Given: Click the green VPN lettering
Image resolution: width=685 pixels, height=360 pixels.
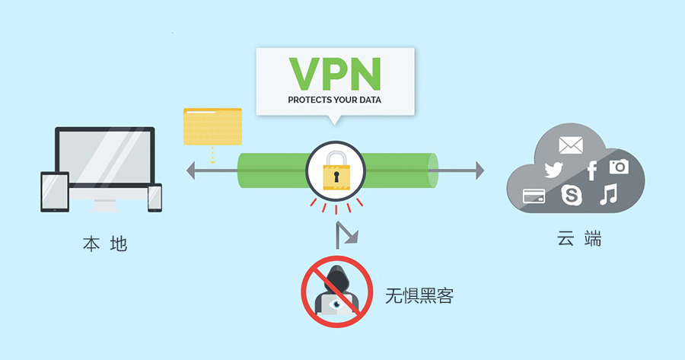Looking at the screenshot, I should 335,75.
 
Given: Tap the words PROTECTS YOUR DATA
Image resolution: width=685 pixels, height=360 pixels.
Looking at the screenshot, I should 335,100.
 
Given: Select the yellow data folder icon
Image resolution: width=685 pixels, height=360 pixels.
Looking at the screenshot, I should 212,126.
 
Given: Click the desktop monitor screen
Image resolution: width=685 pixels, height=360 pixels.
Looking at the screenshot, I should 105,158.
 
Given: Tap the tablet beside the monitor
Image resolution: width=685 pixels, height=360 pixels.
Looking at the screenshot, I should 55,191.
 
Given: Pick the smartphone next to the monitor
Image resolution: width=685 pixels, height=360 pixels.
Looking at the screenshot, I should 155,197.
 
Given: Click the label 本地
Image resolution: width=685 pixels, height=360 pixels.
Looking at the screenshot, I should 104,244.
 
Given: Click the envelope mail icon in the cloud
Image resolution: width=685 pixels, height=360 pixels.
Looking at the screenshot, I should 570,145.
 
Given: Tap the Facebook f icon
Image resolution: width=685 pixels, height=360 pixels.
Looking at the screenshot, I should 591,170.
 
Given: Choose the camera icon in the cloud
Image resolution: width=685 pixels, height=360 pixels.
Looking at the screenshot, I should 619,166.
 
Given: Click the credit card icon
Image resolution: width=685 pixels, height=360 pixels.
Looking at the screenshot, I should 534,196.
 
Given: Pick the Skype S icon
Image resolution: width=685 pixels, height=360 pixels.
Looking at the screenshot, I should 571,195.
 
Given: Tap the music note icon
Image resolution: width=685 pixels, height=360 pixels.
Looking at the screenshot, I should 607,195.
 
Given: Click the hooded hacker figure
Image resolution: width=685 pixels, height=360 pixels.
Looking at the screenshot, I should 336,289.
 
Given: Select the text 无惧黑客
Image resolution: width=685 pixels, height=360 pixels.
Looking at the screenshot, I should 419,296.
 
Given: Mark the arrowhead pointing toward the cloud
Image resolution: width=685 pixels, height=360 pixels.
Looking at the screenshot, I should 479,170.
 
